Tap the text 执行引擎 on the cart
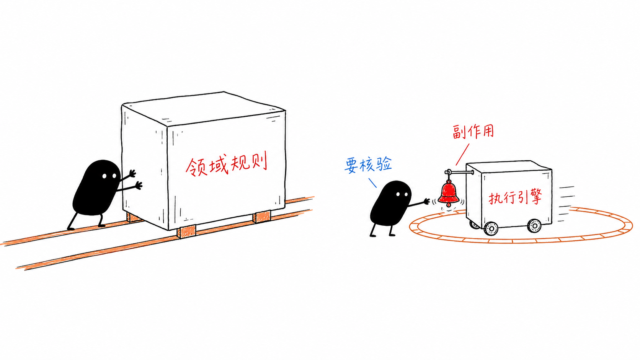[515, 197]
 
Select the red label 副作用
[473, 132]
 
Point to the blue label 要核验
[368, 165]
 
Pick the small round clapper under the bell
[449, 205]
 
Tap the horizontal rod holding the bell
[460, 172]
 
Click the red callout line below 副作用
[462, 155]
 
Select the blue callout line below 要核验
[372, 183]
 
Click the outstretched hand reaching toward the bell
[426, 201]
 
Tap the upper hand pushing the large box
[132, 173]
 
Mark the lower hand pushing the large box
[139, 185]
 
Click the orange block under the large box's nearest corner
[186, 231]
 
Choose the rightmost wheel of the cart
[534, 226]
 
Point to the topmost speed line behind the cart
[566, 187]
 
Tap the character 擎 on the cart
[536, 197]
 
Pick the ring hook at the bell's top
[448, 172]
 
